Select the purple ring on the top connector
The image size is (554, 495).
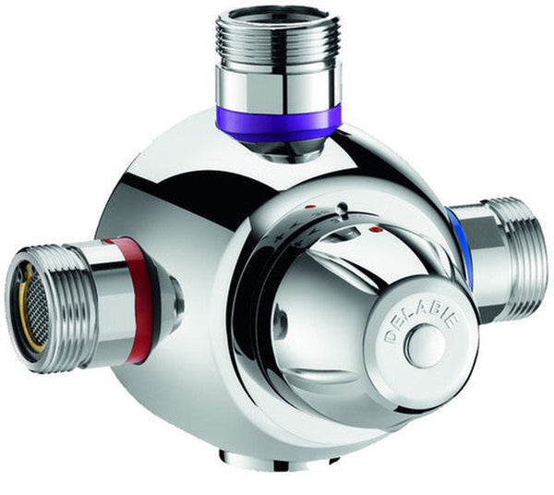pos(279,125)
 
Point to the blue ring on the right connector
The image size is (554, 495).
pos(459,244)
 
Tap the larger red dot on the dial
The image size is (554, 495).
pos(375,227)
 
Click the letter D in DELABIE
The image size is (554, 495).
pos(391,336)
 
